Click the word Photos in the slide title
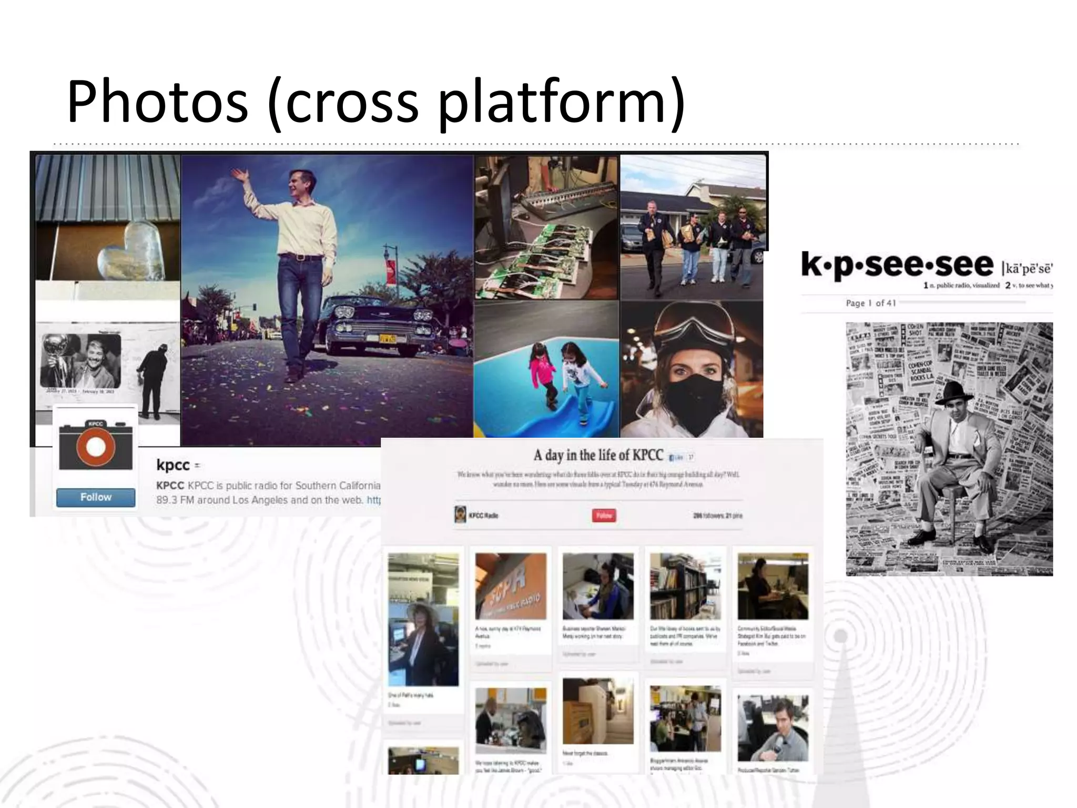(157, 101)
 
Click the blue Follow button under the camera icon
(96, 497)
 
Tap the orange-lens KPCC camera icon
(96, 446)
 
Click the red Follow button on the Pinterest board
(604, 515)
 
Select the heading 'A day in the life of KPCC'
(598, 455)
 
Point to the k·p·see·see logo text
(897, 265)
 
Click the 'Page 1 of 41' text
(870, 303)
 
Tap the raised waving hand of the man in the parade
(240, 175)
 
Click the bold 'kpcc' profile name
(172, 465)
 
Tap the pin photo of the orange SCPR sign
(511, 586)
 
